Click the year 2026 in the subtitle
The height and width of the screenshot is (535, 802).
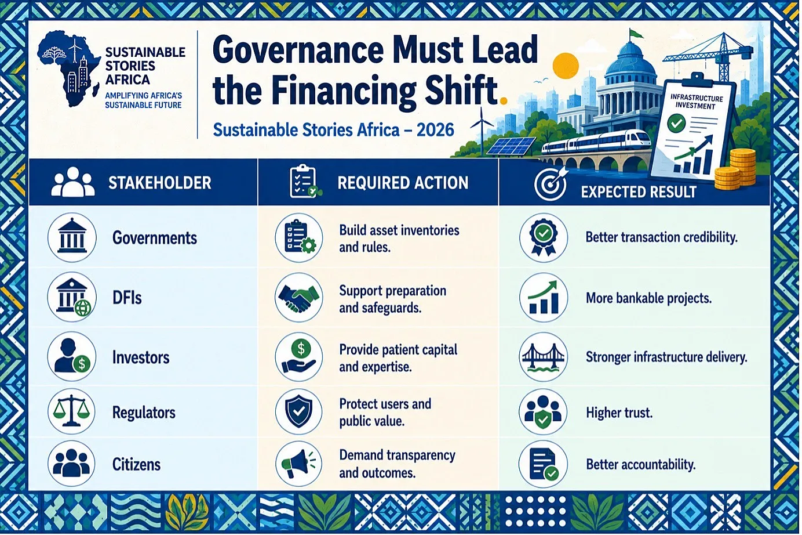[x=435, y=130]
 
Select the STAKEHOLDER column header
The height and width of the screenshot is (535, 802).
[x=160, y=183]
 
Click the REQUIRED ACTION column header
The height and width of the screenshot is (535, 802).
[x=403, y=183]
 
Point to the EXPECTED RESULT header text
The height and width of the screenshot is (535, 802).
[x=639, y=192]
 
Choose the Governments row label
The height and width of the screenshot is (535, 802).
[x=155, y=238]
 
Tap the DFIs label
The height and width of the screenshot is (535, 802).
[x=127, y=298]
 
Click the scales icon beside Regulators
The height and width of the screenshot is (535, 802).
[x=72, y=411]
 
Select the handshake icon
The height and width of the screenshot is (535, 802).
[x=299, y=297]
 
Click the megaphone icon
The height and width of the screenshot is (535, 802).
[x=299, y=464]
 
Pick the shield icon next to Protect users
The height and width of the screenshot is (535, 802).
[x=299, y=411]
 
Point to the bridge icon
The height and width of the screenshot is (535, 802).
[x=544, y=357]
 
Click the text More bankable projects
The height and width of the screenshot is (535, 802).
[x=649, y=298]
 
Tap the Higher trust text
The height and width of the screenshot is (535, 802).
[x=619, y=413]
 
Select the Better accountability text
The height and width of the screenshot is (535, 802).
[x=641, y=465]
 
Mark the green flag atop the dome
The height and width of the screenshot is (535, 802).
[x=636, y=34]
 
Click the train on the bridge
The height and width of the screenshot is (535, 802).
[x=596, y=142]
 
